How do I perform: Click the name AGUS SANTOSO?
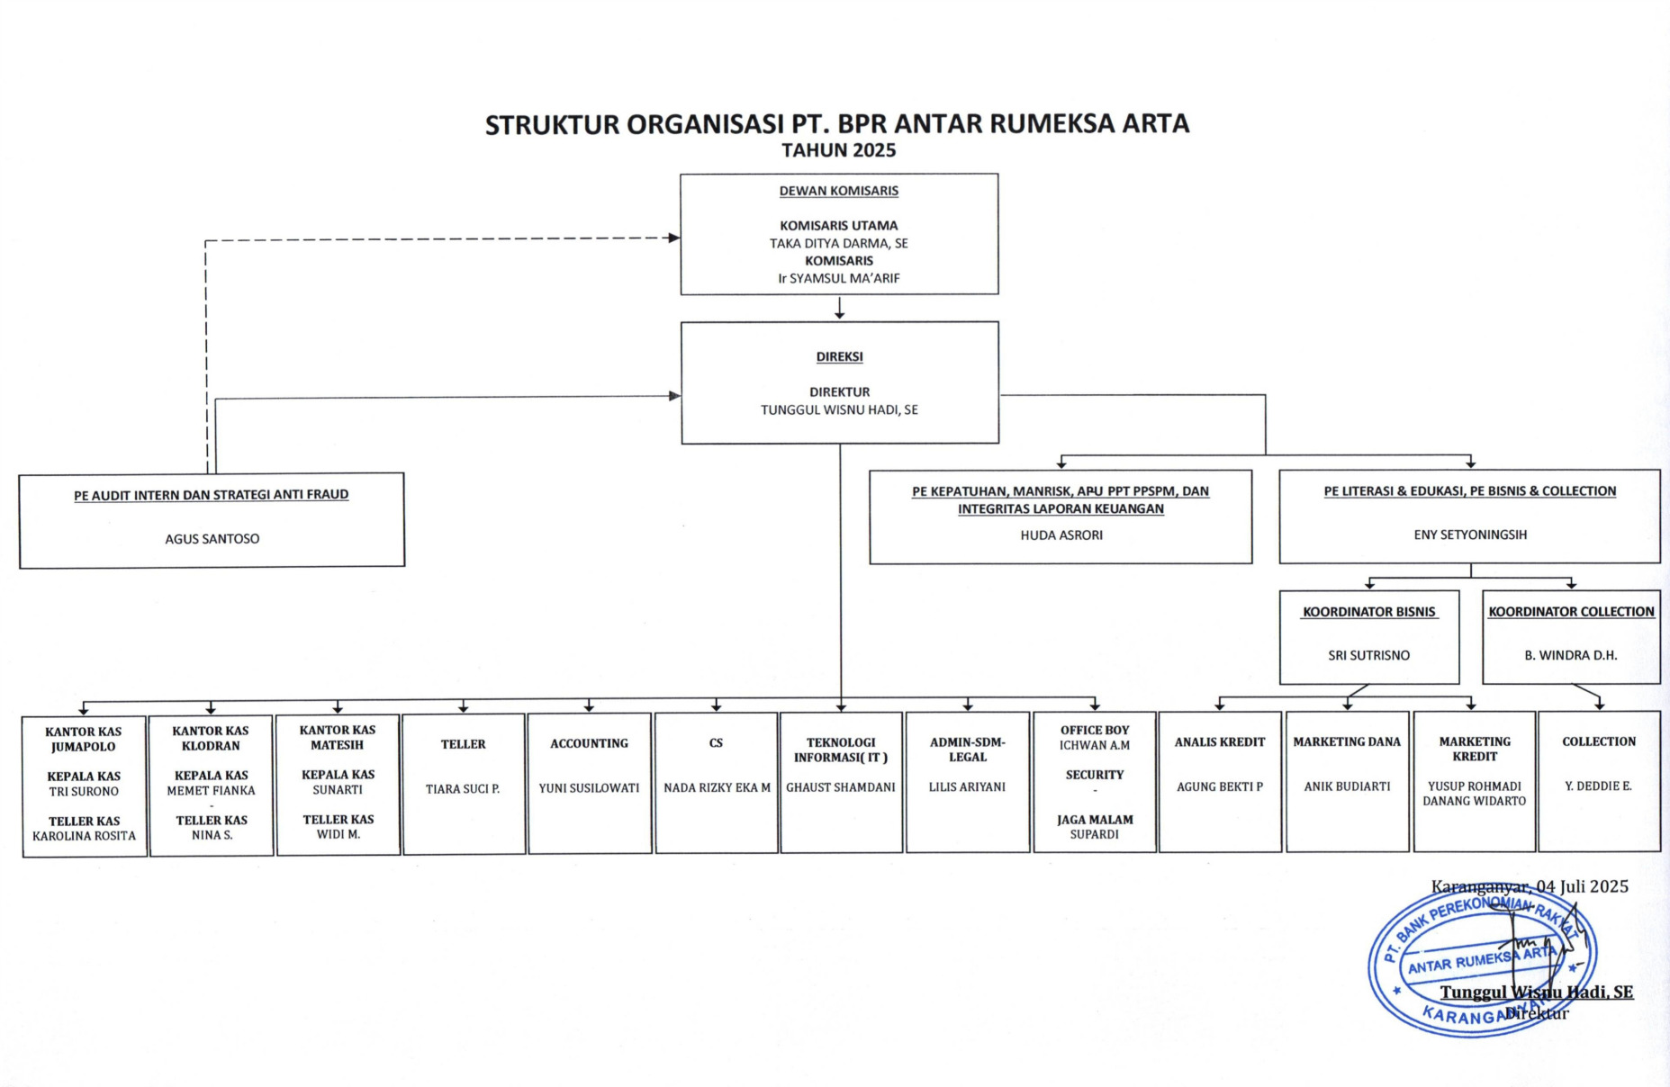tap(212, 539)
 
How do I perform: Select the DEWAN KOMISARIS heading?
tap(838, 191)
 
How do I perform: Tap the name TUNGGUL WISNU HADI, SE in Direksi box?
tap(839, 409)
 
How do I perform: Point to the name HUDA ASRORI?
tap(1061, 535)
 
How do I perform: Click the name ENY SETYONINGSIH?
tap(1469, 535)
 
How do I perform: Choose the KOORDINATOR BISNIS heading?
tap(1368, 612)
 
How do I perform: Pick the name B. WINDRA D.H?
tap(1570, 655)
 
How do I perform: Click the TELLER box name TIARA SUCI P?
tap(463, 789)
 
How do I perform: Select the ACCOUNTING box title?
tap(589, 743)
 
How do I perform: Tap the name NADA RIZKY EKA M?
tap(717, 787)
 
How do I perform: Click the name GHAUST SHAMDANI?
tap(840, 787)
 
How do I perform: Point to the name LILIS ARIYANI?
tap(967, 786)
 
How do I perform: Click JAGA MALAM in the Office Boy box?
tap(1094, 820)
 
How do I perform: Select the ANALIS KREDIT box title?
tap(1219, 741)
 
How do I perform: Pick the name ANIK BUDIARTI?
tap(1347, 786)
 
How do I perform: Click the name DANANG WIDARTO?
tap(1474, 801)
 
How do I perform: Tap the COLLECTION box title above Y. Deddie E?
tap(1598, 741)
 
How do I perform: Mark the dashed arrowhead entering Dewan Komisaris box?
tap(673, 238)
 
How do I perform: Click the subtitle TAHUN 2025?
tap(838, 150)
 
